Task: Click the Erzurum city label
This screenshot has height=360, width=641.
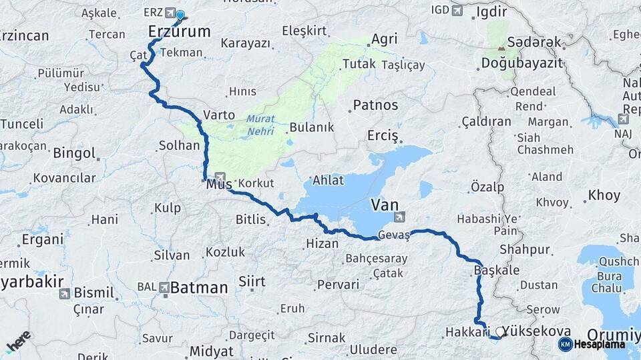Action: point(178,31)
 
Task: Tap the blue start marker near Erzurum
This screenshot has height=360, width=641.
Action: point(180,15)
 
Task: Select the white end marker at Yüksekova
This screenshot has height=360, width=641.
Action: point(500,331)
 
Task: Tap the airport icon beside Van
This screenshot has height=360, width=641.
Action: point(399,216)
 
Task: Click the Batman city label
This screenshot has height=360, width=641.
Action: point(199,288)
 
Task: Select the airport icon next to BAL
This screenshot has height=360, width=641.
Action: point(164,287)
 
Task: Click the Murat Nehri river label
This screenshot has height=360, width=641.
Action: point(260,125)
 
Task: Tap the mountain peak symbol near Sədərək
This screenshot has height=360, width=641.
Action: point(501,48)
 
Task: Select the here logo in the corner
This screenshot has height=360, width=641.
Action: point(18,342)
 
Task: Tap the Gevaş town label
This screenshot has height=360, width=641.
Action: point(393,235)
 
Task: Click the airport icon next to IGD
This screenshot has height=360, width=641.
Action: point(457,11)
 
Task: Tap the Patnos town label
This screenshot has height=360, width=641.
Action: point(375,105)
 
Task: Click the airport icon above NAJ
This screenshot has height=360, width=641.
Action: point(623,119)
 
